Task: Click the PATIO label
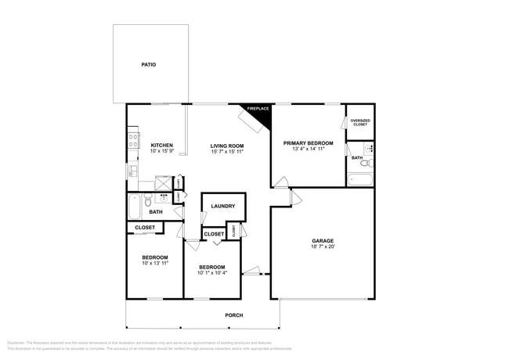tap(148, 64)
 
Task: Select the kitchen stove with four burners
tap(132, 142)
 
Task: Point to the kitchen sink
tap(132, 170)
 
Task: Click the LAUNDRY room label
tap(223, 207)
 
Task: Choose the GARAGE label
tap(323, 241)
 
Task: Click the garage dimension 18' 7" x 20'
tap(323, 247)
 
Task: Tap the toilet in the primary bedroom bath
tap(365, 164)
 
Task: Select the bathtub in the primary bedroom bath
tap(360, 180)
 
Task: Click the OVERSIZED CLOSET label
tap(359, 122)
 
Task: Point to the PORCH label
tap(233, 315)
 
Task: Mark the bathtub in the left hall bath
tap(134, 207)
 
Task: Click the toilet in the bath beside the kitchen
tap(149, 200)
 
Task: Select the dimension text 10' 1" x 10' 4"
tap(212, 272)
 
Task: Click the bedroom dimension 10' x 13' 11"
tap(154, 264)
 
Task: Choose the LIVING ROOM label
tap(226, 146)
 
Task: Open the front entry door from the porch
tap(252, 272)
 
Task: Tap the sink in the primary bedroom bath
tap(370, 147)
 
